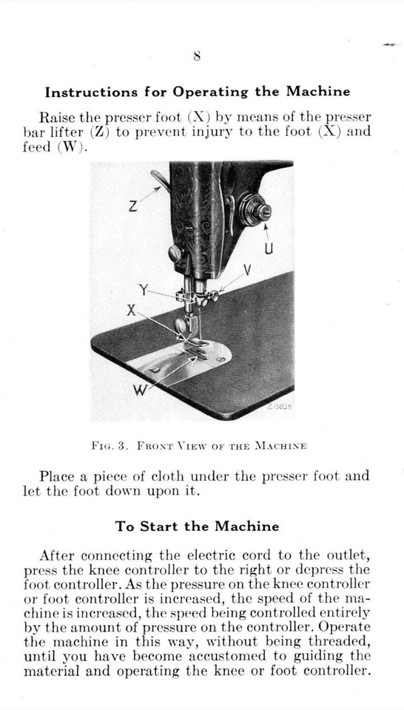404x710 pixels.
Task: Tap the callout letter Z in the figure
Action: pyautogui.click(x=132, y=207)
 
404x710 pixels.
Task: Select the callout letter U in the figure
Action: pyautogui.click(x=269, y=251)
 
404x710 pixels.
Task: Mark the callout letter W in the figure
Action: pyautogui.click(x=138, y=390)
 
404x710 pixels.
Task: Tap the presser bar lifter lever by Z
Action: pyautogui.click(x=159, y=178)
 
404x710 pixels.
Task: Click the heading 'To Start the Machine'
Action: pyautogui.click(x=197, y=527)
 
